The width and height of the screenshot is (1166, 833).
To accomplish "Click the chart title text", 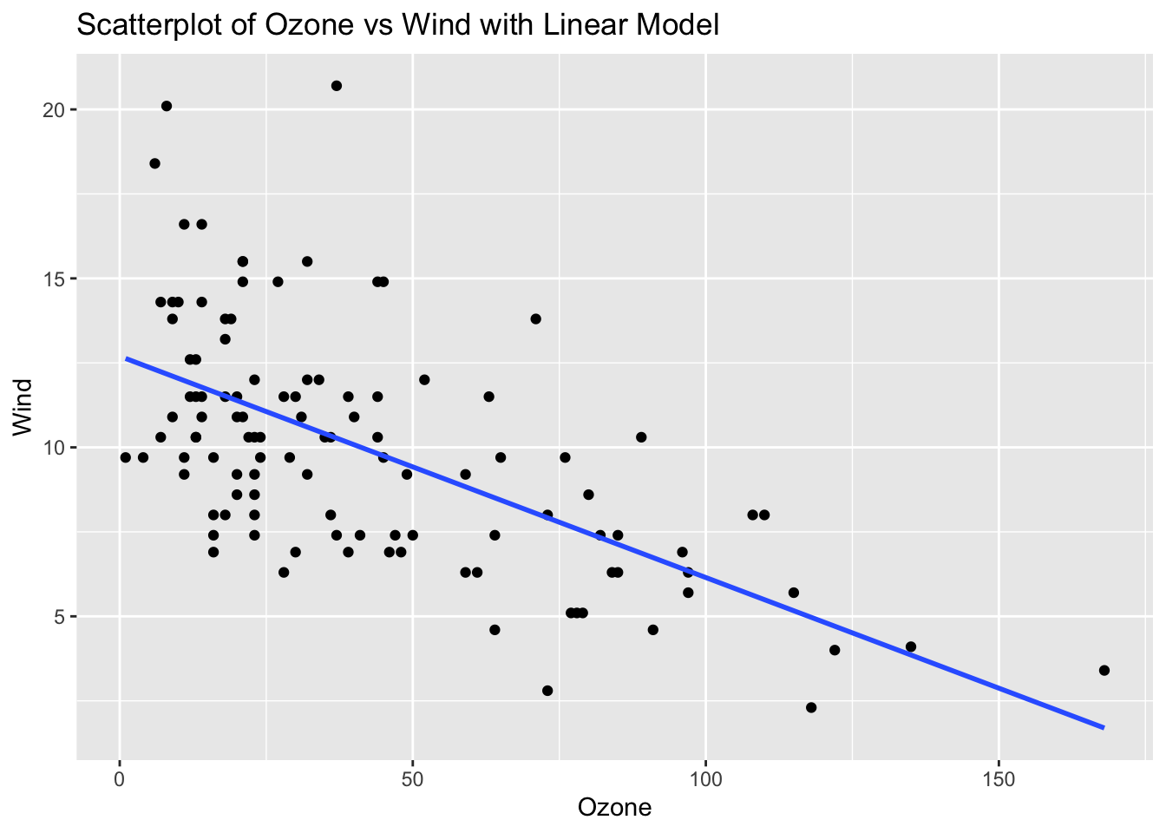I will (398, 25).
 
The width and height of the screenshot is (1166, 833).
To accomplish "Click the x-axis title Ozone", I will (614, 808).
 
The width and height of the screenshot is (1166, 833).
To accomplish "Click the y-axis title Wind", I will (23, 407).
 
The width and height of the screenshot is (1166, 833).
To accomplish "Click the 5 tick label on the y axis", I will (60, 617).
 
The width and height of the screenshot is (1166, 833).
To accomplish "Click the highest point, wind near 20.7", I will (337, 85).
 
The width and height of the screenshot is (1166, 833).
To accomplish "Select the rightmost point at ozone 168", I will (1104, 670).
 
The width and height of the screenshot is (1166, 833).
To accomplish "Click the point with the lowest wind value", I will (811, 707).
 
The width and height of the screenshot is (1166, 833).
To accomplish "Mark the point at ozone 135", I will (911, 646).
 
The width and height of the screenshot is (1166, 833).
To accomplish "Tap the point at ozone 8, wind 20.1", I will (167, 106).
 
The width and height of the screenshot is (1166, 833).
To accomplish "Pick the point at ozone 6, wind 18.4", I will (154, 163).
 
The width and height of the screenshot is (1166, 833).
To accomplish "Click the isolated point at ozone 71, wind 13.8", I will (535, 318).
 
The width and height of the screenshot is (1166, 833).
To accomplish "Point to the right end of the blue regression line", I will (1104, 727).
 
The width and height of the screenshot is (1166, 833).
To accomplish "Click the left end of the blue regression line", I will (127, 357).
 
